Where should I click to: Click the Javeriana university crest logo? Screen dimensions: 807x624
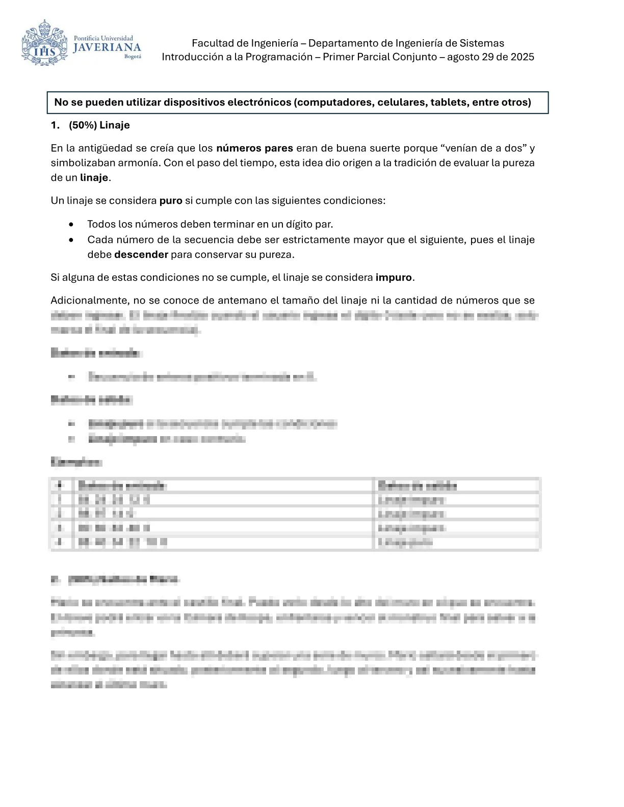click(x=44, y=43)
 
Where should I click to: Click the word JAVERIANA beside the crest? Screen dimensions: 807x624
click(x=107, y=48)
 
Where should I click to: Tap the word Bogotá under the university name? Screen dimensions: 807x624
click(x=133, y=57)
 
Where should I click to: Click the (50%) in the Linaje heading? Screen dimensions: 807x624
click(x=83, y=125)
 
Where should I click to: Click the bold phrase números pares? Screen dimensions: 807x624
click(x=254, y=148)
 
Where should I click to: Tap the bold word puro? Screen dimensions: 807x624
click(x=171, y=201)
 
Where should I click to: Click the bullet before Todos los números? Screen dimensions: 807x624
click(x=72, y=225)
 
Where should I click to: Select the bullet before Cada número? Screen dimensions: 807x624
click(x=72, y=240)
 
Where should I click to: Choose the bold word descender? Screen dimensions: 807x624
click(x=141, y=255)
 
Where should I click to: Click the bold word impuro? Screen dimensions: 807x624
click(x=394, y=278)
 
